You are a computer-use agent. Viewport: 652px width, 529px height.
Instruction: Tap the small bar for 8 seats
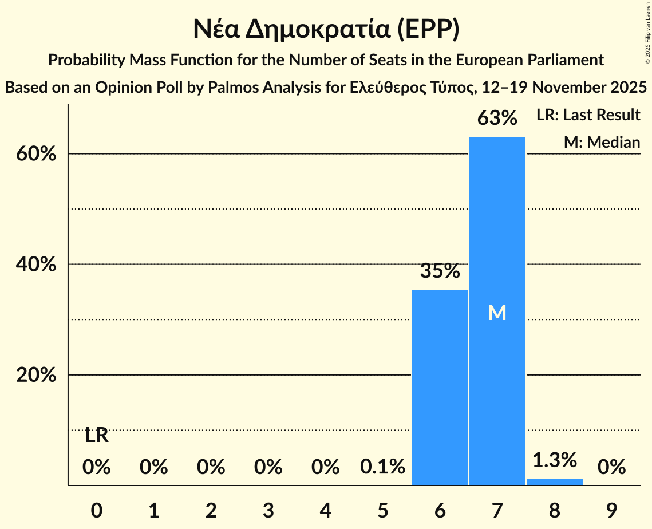[x=554, y=482]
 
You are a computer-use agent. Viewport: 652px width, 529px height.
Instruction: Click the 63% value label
[x=497, y=119]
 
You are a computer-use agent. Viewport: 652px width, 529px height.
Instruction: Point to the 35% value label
[x=440, y=271]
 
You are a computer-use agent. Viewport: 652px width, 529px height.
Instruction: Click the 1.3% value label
[x=554, y=460]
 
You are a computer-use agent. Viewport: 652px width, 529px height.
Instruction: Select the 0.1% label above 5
[x=382, y=467]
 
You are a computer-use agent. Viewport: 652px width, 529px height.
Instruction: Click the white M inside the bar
[x=497, y=313]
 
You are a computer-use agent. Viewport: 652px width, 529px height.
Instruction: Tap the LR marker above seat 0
[x=97, y=436]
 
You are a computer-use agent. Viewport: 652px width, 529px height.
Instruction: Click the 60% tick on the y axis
[x=39, y=154]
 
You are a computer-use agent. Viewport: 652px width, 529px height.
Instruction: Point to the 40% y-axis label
[x=39, y=264]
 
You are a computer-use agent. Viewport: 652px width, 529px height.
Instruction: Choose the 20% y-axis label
[x=39, y=375]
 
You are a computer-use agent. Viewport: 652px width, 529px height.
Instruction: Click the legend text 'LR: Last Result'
[x=588, y=115]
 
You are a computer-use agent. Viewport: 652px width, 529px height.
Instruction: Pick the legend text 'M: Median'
[x=602, y=142]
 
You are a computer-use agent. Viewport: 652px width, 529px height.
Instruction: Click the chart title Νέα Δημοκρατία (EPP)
[x=326, y=29]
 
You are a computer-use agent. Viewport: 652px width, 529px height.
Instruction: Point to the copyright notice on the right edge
[x=647, y=32]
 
